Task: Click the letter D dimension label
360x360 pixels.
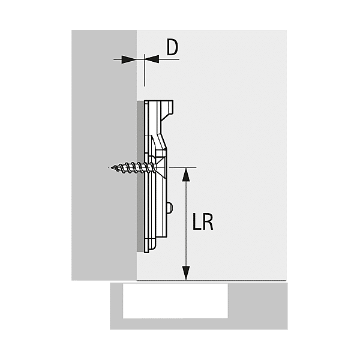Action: (x=172, y=47)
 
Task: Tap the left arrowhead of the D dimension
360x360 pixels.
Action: (x=128, y=59)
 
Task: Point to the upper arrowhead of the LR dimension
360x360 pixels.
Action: (x=187, y=174)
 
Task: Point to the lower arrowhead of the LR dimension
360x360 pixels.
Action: (x=187, y=274)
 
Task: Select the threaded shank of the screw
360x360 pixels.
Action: (x=129, y=167)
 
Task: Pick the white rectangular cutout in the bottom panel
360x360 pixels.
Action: (x=175, y=301)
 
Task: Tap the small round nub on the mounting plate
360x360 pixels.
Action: (x=172, y=208)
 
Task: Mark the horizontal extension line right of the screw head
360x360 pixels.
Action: (x=183, y=167)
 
